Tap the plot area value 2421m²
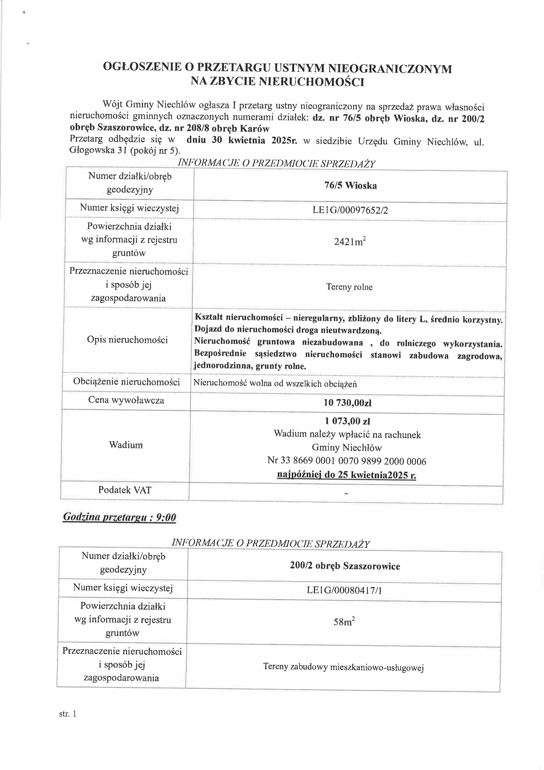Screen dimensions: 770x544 point(350,242)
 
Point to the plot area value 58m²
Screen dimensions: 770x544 point(344,622)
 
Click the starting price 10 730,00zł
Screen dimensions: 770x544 point(347,403)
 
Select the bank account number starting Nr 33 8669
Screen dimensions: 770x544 point(347,462)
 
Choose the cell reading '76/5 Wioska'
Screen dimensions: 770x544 point(350,186)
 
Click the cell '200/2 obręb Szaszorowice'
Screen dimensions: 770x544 point(345,566)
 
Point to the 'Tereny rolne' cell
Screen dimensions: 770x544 point(349,287)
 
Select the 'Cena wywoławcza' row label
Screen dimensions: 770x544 point(126,400)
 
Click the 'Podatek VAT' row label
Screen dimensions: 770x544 point(125,490)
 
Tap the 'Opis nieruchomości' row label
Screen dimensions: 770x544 point(127,340)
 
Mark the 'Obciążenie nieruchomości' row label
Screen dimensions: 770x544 point(127,382)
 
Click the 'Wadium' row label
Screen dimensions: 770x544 point(126,445)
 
